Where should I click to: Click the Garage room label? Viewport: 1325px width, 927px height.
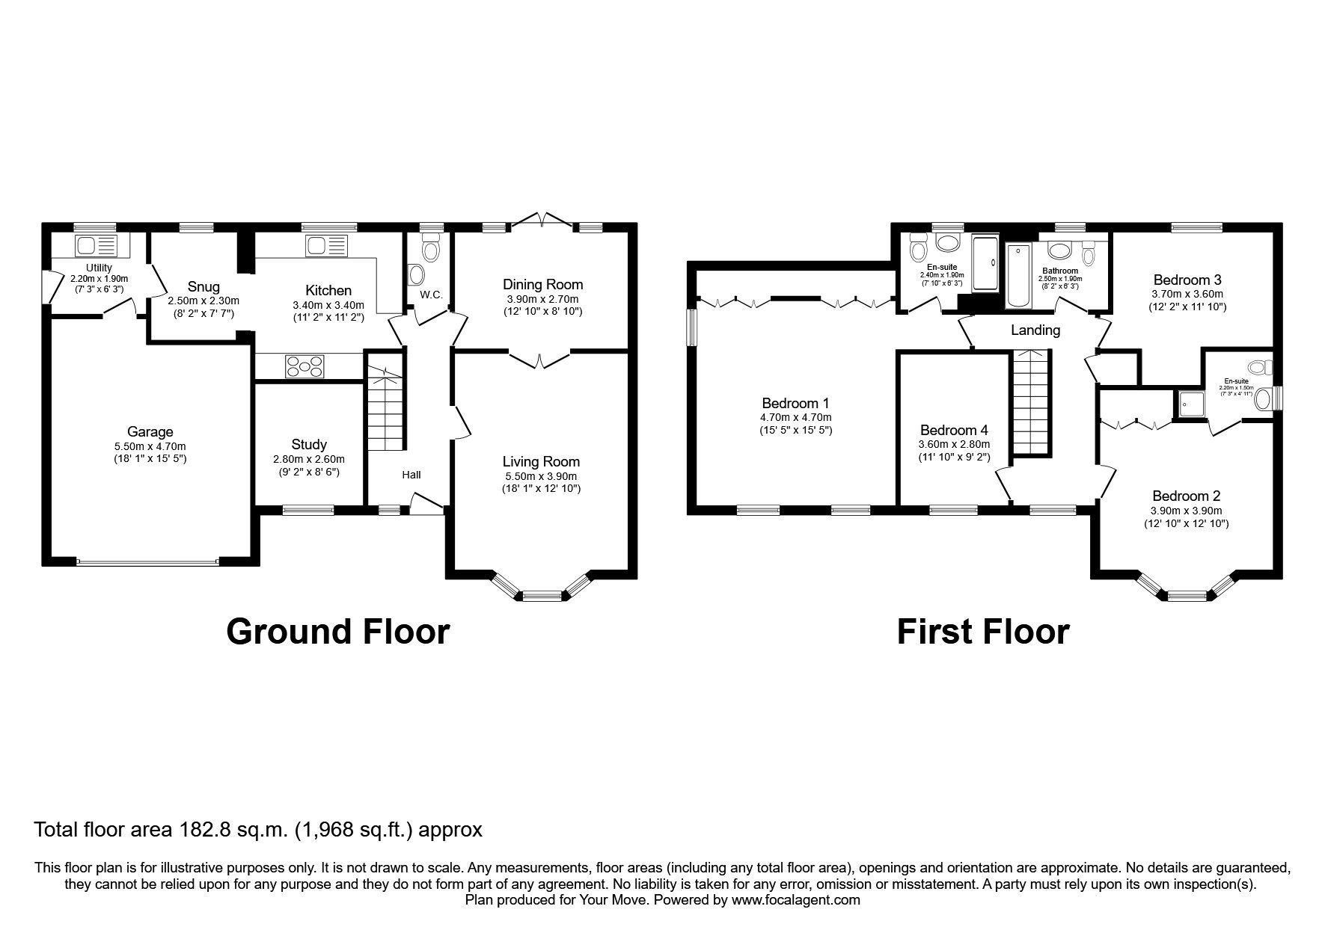click(x=150, y=431)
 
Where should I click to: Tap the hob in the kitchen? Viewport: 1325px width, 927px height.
click(x=305, y=366)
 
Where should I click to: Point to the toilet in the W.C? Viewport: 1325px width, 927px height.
click(x=431, y=247)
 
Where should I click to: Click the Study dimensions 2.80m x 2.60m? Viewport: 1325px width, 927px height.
click(x=309, y=459)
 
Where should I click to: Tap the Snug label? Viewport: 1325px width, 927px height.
click(x=204, y=287)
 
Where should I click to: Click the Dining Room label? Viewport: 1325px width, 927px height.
click(x=542, y=284)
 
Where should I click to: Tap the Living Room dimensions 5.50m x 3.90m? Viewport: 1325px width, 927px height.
click(x=541, y=476)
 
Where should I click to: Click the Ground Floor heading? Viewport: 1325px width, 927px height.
click(x=337, y=632)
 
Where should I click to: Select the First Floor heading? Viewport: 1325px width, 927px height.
click(x=982, y=632)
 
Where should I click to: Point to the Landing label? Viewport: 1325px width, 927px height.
click(x=1035, y=330)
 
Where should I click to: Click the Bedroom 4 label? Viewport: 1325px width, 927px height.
click(x=954, y=430)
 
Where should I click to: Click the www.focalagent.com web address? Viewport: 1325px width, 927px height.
click(x=796, y=900)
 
